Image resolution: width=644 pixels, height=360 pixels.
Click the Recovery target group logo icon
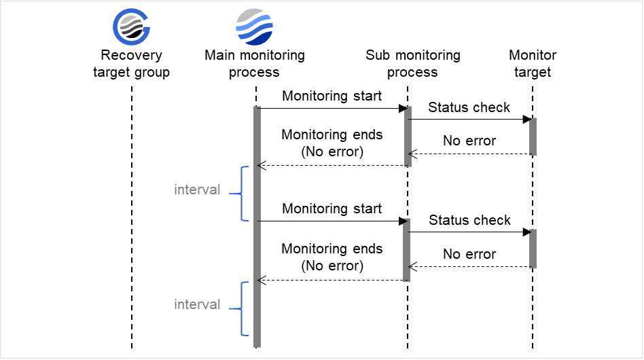(x=131, y=26)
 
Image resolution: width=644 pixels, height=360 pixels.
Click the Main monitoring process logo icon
(x=255, y=26)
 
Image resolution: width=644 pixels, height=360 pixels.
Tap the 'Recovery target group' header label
(x=131, y=64)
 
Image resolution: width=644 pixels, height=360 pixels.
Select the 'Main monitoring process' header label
(x=255, y=64)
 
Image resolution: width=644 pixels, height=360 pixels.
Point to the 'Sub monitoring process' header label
(x=412, y=64)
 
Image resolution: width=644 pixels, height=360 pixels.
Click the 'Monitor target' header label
(x=533, y=64)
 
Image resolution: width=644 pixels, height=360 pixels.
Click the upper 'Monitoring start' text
(x=332, y=96)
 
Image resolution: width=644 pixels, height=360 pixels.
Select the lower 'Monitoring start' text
(x=332, y=209)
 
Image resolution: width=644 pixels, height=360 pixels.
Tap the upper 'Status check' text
(x=469, y=107)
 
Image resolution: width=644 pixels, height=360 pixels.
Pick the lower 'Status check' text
(x=469, y=220)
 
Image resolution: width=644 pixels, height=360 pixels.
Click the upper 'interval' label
(x=197, y=190)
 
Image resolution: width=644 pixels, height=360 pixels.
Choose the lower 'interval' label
(x=197, y=304)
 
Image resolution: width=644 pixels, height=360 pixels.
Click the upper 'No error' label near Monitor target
(x=469, y=141)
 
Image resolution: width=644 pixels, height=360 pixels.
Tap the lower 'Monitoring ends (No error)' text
(x=332, y=257)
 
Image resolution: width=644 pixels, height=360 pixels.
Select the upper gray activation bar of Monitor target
(x=533, y=137)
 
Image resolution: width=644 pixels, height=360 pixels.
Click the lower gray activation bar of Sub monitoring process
(x=408, y=249)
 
